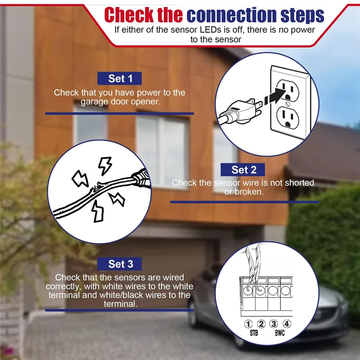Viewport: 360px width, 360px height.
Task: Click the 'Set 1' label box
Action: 121,78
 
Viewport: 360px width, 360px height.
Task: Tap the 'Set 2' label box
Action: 243,170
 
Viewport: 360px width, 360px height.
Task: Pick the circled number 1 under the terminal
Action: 248,324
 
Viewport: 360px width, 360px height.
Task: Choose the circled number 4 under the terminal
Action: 287,324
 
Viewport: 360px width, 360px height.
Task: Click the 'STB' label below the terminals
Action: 254,334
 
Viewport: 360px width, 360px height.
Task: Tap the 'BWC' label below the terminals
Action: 280,334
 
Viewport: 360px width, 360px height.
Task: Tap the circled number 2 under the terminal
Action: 261,324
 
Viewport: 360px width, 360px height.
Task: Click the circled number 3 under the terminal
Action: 274,324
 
